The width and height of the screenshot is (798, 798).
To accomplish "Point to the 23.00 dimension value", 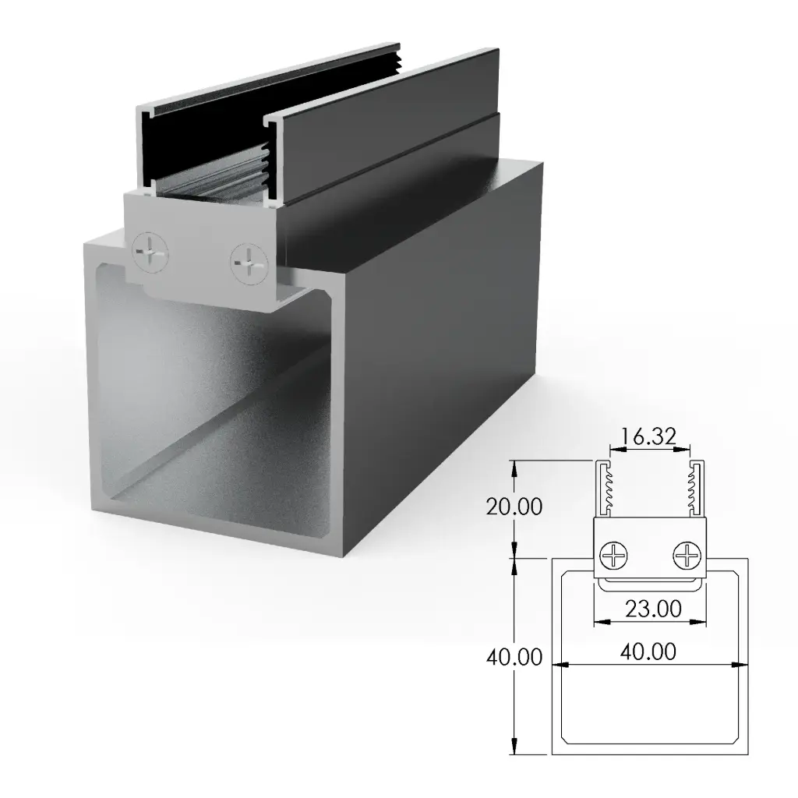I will pyautogui.click(x=651, y=608).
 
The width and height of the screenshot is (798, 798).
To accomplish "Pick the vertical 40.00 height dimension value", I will pyautogui.click(x=514, y=657).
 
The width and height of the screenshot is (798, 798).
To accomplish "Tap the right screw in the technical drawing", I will pyautogui.click(x=687, y=556).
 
